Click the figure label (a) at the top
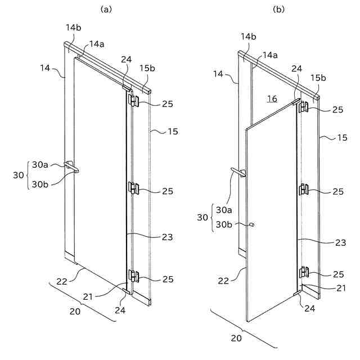tap(106, 10)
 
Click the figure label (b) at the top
tap(278, 10)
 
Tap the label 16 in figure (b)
tap(272, 98)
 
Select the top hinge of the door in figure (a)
tap(134, 100)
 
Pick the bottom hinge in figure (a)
tap(134, 275)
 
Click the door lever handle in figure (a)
tap(71, 166)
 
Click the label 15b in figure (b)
tap(320, 78)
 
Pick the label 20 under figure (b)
tap(237, 338)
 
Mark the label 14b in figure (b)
tap(249, 37)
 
